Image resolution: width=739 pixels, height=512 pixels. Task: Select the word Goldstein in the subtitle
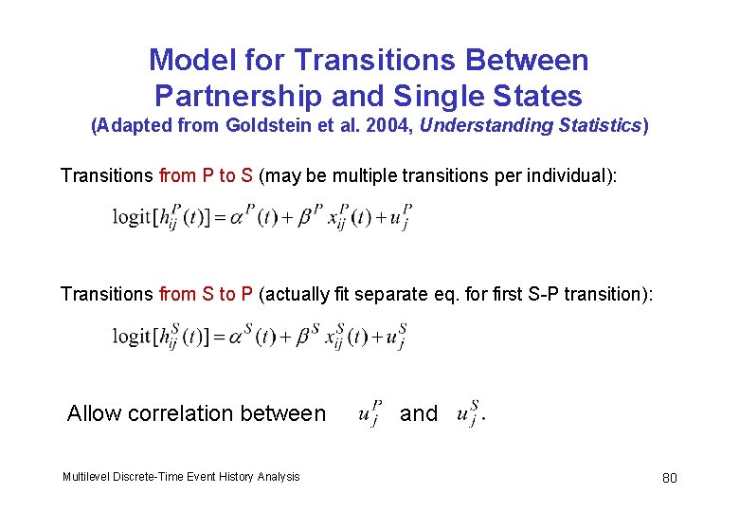point(266,126)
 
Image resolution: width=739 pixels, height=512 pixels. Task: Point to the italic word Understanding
point(477,126)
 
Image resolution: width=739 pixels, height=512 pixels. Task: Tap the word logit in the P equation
point(132,216)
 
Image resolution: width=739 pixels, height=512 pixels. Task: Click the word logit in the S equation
point(132,337)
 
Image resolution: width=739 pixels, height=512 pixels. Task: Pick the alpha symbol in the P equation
point(242,217)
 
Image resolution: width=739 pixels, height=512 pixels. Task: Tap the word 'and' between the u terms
point(419,413)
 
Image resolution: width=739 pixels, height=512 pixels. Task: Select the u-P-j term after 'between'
point(370,413)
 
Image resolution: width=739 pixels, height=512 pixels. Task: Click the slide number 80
point(670,477)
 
